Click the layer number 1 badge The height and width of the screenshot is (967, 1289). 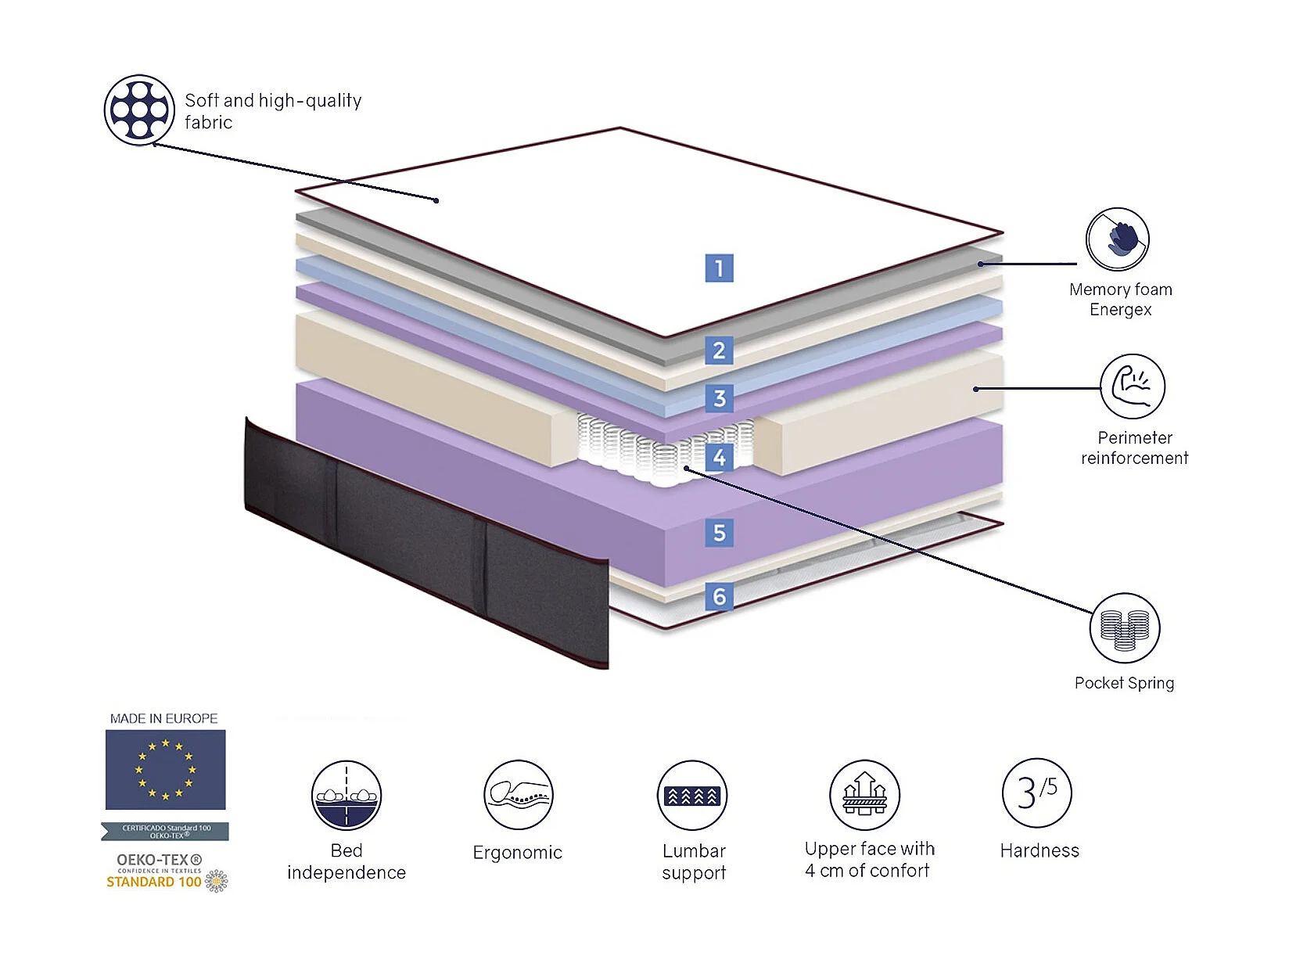(719, 268)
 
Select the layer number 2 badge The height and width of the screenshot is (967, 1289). (719, 350)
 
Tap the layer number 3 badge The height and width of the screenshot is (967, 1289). (719, 398)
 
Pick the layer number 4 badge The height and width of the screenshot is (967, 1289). (719, 457)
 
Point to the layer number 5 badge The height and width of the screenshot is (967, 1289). (719, 533)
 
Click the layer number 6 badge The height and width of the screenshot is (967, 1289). (719, 596)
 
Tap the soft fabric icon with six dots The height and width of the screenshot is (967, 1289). (139, 110)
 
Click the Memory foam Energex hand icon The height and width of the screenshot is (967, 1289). (1117, 239)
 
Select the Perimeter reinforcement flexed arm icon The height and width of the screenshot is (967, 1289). (1132, 386)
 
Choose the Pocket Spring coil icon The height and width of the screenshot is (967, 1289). (1124, 627)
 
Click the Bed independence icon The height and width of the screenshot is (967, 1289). (346, 796)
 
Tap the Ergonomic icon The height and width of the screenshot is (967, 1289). (518, 796)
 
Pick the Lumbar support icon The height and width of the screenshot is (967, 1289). (692, 796)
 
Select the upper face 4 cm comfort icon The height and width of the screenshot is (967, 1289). (864, 796)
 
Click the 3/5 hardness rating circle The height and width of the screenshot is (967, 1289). (1037, 793)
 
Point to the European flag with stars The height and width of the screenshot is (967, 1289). (165, 770)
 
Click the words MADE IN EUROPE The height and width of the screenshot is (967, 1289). (163, 718)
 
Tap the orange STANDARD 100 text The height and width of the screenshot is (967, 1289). (154, 882)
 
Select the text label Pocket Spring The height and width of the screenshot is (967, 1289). (1124, 683)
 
